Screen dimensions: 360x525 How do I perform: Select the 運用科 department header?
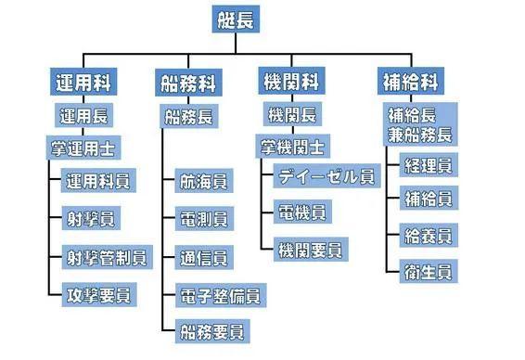[x=84, y=82]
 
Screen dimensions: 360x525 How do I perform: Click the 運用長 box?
[x=84, y=117]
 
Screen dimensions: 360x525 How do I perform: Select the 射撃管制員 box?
[x=101, y=256]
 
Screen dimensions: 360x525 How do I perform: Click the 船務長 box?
[x=189, y=118]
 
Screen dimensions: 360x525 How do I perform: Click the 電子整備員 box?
[x=219, y=295]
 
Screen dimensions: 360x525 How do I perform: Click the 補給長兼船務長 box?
[x=418, y=126]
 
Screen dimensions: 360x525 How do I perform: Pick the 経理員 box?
[x=427, y=167]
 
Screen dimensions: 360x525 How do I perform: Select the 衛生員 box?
[x=427, y=272]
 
